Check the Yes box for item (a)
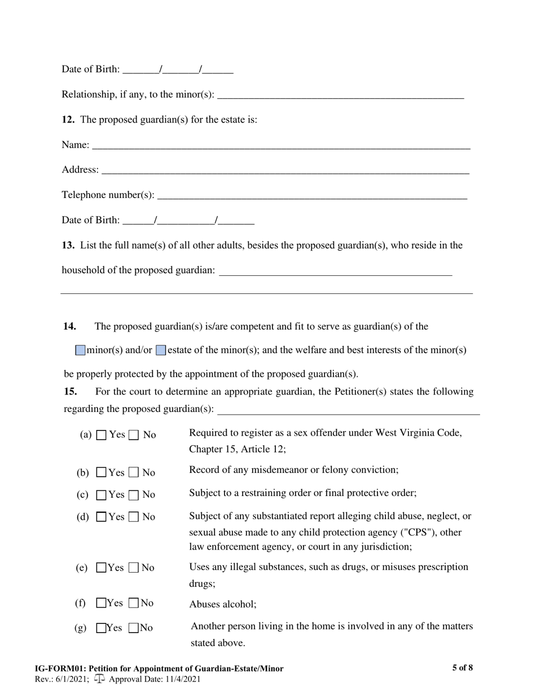click(x=102, y=435)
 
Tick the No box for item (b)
click(x=134, y=472)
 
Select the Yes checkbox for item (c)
click(x=102, y=495)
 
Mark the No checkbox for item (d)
click(x=134, y=517)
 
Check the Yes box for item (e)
click(x=101, y=568)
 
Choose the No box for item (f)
click(x=134, y=603)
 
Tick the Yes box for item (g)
click(x=101, y=628)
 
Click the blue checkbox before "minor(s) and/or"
click(x=80, y=350)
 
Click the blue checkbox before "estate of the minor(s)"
click(x=161, y=350)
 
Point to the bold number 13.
click(x=68, y=245)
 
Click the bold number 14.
click(x=69, y=326)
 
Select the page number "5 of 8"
click(x=462, y=668)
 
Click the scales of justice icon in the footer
click(x=100, y=679)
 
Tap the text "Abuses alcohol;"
click(x=222, y=604)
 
